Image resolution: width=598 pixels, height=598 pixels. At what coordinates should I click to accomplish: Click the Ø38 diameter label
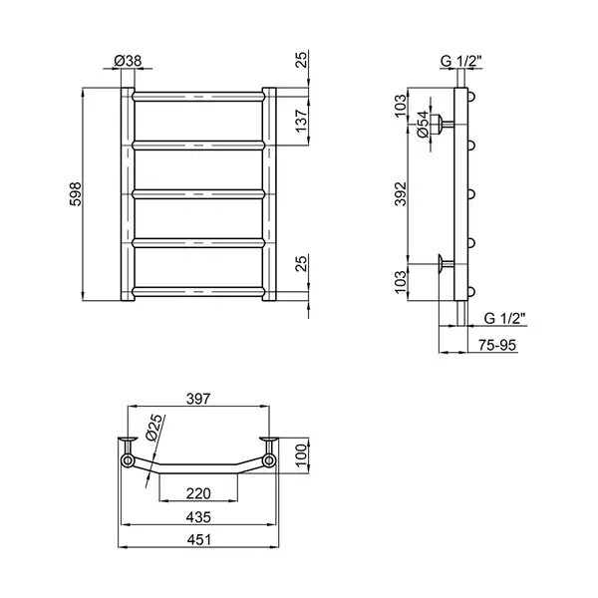point(128,60)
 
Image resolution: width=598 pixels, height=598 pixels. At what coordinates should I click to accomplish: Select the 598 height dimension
point(76,194)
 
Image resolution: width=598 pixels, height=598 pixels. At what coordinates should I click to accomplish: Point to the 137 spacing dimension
point(301,121)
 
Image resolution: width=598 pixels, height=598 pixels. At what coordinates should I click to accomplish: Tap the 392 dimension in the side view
point(401,193)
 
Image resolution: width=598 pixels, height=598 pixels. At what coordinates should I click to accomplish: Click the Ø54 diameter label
point(423,125)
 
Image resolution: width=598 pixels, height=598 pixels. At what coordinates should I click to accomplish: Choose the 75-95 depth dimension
point(497,345)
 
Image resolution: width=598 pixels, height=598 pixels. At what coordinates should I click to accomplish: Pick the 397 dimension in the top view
point(198,399)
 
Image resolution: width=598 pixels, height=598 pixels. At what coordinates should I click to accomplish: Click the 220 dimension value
point(198,493)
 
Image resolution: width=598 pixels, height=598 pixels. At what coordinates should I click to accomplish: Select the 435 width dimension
point(198,517)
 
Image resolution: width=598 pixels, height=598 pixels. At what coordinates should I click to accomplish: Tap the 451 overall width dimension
point(198,540)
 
